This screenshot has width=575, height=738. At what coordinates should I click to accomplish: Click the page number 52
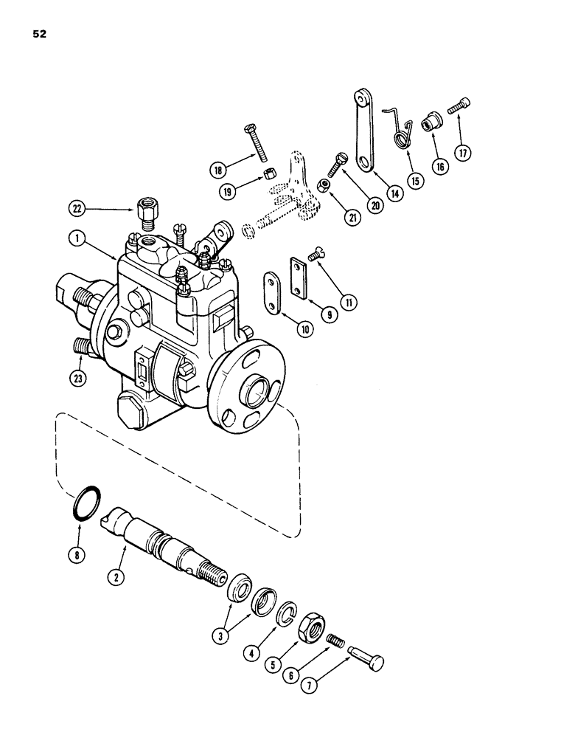click(x=40, y=33)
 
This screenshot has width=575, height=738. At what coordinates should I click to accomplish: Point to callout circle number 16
click(x=441, y=167)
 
